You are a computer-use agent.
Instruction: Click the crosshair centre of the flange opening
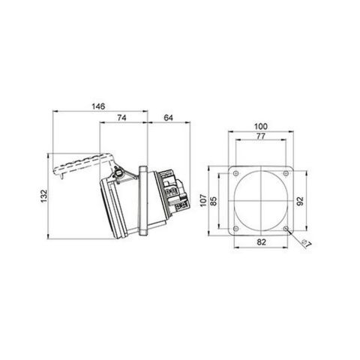[x=261, y=201]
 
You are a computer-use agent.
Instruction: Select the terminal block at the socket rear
[x=173, y=191]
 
